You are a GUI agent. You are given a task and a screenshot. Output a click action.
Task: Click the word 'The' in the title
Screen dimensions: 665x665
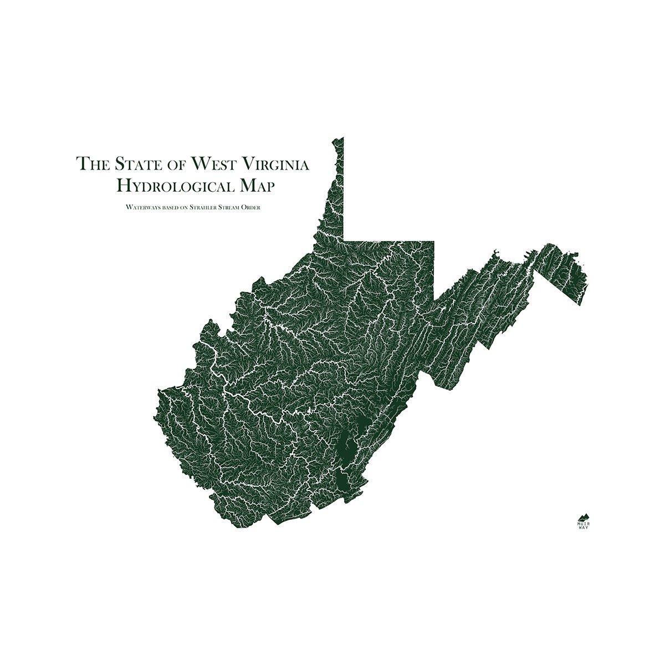(x=93, y=164)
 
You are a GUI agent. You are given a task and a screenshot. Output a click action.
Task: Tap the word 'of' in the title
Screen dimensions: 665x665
(x=176, y=164)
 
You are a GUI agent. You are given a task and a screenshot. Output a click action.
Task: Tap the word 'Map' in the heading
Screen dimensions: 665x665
(x=254, y=186)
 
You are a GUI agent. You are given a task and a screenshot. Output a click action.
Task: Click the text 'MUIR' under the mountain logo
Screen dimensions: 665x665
(x=584, y=523)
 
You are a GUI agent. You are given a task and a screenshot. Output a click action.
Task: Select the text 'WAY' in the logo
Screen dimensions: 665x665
(x=584, y=528)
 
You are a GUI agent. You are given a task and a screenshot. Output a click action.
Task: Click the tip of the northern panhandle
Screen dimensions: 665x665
(x=342, y=138)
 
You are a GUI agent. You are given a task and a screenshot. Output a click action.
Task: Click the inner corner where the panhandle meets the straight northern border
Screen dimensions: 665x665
(x=344, y=240)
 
